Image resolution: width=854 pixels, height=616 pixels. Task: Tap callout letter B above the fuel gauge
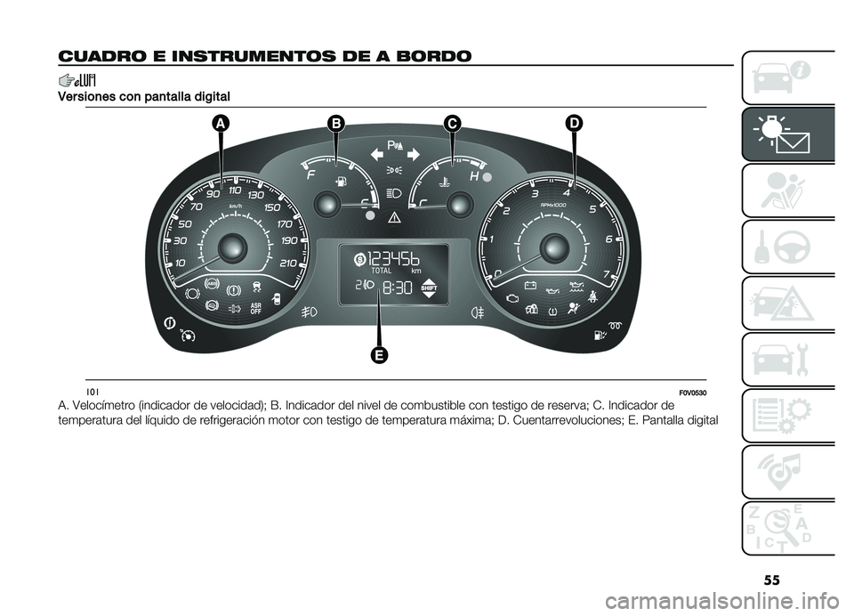tap(336, 124)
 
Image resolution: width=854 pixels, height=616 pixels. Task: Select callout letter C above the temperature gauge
tap(451, 124)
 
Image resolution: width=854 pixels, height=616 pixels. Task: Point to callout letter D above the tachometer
tap(574, 124)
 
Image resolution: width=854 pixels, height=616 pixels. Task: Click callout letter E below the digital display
tap(379, 355)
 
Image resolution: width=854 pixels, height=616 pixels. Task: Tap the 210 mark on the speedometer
tap(287, 263)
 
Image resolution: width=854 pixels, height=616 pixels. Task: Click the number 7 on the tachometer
tap(606, 273)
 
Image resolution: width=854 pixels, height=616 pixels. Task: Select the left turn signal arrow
tap(377, 154)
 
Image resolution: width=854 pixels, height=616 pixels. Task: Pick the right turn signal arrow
tap(413, 154)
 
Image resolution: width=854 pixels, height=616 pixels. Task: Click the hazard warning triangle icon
tap(394, 219)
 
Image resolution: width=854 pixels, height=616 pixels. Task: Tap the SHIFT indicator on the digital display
tap(429, 288)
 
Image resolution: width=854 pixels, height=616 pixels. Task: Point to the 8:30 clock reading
tap(397, 288)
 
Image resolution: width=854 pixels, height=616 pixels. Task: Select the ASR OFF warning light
tap(255, 309)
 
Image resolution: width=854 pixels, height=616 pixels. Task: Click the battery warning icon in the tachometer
tap(530, 285)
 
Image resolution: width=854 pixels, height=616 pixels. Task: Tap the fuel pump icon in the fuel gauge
tap(342, 181)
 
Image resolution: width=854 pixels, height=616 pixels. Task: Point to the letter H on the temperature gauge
tap(474, 176)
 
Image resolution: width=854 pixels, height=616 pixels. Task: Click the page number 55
tap(771, 580)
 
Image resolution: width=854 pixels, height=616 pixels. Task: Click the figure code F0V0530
tap(693, 393)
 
